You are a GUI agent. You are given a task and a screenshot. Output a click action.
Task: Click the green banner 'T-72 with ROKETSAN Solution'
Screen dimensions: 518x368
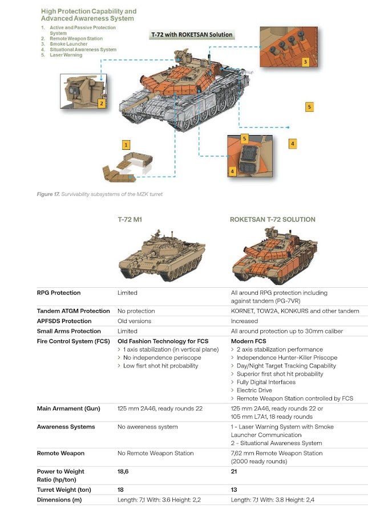[192, 34]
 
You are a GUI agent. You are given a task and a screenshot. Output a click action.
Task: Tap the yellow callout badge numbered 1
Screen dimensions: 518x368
[126, 145]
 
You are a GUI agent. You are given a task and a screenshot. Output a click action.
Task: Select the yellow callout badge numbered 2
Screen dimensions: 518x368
[101, 103]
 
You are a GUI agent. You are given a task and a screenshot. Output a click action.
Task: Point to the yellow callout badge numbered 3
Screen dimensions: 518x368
[305, 62]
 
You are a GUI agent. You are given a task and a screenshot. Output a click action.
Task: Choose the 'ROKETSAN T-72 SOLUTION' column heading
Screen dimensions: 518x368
[272, 219]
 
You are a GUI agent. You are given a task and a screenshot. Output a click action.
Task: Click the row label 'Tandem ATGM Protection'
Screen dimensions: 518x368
[73, 311]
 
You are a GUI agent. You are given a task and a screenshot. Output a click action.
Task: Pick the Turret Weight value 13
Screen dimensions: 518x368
[235, 490]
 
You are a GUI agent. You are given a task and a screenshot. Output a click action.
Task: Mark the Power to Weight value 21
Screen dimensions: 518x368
[234, 471]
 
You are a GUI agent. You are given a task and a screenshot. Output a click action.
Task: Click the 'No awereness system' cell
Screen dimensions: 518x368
[147, 426]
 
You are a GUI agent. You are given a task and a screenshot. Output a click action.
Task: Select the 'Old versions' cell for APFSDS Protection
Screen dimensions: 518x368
[134, 321]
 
